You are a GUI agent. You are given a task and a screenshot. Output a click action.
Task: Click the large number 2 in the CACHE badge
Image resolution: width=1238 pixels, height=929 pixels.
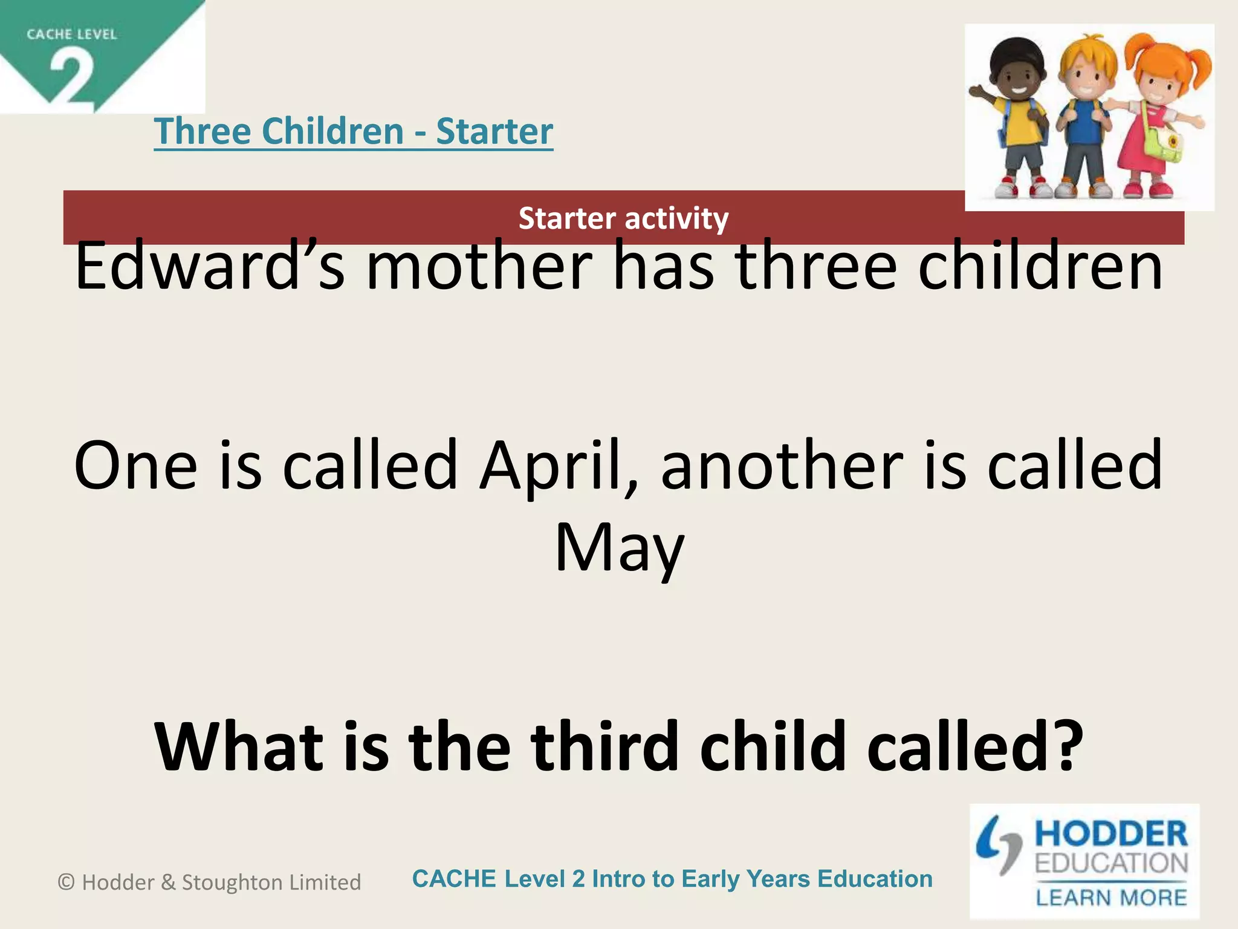point(71,77)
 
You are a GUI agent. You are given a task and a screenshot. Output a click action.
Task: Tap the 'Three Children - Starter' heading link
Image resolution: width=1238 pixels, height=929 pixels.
point(354,131)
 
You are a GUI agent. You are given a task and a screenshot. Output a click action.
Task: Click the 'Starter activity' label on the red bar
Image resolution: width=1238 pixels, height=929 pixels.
point(623,218)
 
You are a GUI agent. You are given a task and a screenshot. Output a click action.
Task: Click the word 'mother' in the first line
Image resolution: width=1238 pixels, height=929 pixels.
point(479,267)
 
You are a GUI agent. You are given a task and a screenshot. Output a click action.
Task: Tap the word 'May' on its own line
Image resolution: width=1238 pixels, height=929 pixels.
point(619,547)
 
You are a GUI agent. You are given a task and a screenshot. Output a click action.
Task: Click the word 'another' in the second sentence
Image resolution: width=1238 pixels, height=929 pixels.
point(782,466)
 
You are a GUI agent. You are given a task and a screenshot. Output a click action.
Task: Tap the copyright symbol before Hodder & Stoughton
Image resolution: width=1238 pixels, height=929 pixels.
point(66,882)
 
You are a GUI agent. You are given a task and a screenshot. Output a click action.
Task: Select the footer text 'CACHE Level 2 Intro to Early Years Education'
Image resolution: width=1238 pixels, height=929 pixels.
point(672,879)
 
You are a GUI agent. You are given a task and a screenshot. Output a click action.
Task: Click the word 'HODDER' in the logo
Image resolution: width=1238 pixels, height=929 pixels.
point(1111,834)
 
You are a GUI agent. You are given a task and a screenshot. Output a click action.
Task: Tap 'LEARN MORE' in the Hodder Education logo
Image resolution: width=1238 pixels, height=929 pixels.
point(1111,898)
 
